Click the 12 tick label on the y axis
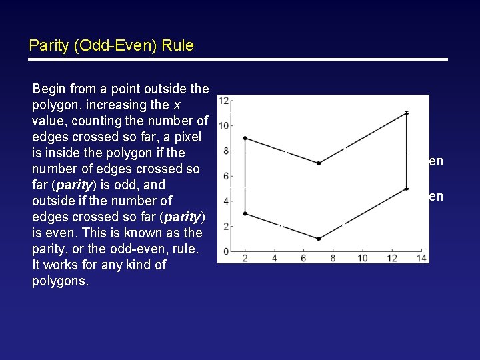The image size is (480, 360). click(x=224, y=101)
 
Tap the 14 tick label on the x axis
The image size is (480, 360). click(x=421, y=259)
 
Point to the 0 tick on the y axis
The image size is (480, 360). click(x=226, y=251)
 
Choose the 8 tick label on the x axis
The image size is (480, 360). click(x=333, y=259)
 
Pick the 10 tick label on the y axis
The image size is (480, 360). click(x=224, y=125)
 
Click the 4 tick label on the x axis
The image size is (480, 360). click(x=275, y=259)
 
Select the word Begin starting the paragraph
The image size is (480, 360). click(x=49, y=89)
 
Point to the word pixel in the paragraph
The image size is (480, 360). click(x=193, y=137)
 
